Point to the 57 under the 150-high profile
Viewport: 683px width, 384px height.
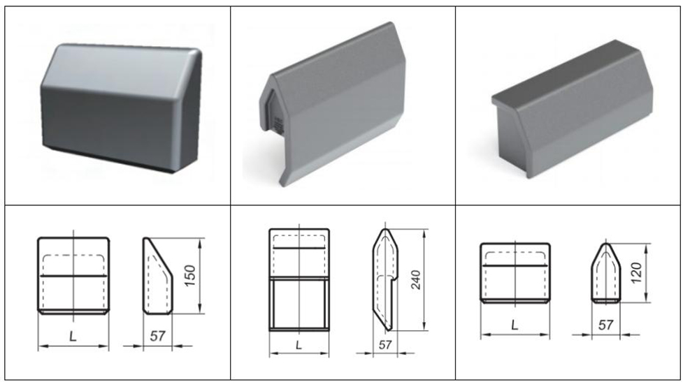158,336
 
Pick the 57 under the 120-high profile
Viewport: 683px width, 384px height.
606,326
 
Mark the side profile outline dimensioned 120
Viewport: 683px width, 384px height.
605,274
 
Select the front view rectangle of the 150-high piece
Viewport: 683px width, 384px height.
73,276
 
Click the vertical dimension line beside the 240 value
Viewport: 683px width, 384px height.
424,279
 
